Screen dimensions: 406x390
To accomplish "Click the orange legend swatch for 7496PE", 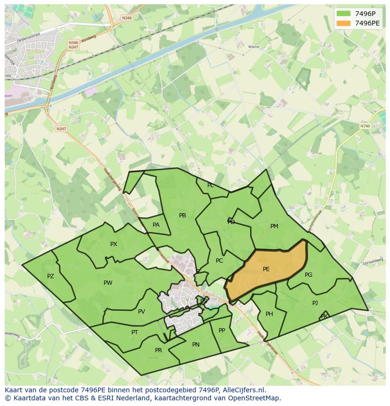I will coord(344,24).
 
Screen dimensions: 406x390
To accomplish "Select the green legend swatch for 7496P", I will coord(344,14).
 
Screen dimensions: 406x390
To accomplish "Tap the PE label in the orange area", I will coord(266,269).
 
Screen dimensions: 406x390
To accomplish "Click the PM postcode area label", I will coord(274,226).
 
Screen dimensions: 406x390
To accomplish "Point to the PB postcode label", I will coord(182,215).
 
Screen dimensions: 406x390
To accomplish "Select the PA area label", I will coord(156,225).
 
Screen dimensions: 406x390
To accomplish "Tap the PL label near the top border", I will coord(211,185).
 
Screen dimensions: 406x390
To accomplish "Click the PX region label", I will coord(114,244).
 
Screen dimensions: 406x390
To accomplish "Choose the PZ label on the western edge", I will coord(50,276).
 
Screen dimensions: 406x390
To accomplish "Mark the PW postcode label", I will coord(108,283).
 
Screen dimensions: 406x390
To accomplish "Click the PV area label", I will coord(141,312).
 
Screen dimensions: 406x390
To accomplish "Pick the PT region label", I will coord(135,332).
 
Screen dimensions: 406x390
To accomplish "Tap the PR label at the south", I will coord(158,350).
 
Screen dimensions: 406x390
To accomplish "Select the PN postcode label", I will coord(196,345).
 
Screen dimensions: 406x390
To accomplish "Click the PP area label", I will coord(222,331).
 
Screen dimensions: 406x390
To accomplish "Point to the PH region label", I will coord(269,314).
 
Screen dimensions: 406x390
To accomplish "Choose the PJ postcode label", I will coord(315,303).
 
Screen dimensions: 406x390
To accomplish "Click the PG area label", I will coord(309,275).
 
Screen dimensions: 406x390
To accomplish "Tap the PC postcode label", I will coord(219,261).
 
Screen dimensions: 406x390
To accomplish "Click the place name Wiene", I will coord(253,47).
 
